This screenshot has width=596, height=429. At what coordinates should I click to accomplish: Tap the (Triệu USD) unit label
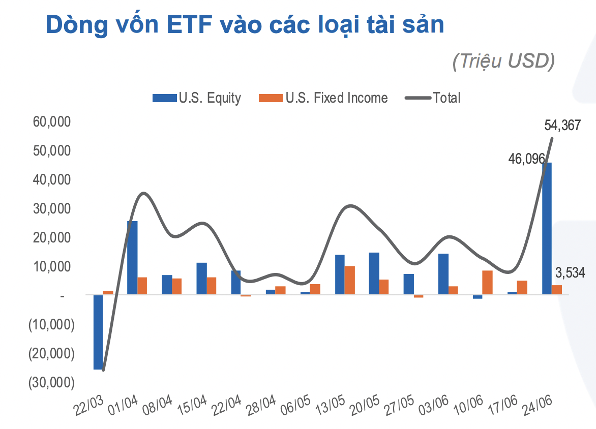503,60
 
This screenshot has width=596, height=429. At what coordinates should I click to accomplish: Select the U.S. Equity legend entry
197,98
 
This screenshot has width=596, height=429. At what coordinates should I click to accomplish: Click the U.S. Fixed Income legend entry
323,98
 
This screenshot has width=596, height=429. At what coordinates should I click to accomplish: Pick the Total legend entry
433,98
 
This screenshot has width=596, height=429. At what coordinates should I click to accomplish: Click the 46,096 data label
526,159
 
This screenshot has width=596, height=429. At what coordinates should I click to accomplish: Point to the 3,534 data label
570,273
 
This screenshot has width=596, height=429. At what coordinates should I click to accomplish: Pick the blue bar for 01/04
132,258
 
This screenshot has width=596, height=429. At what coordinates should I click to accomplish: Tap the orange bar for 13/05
350,280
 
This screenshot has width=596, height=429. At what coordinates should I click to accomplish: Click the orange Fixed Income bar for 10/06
487,282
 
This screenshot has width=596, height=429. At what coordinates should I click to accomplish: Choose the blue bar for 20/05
374,273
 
